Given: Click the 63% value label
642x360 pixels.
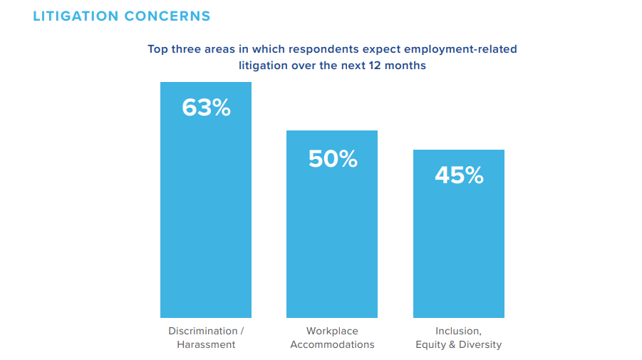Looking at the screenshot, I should [206, 108].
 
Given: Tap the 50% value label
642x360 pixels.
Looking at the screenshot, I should [332, 159].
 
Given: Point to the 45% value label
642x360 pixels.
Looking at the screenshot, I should [459, 175].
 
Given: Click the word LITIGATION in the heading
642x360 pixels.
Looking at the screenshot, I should [75, 16].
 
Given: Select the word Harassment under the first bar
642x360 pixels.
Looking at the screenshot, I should [206, 345].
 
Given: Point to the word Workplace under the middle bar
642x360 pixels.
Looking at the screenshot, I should [332, 331].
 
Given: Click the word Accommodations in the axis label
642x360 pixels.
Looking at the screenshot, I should [332, 345].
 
